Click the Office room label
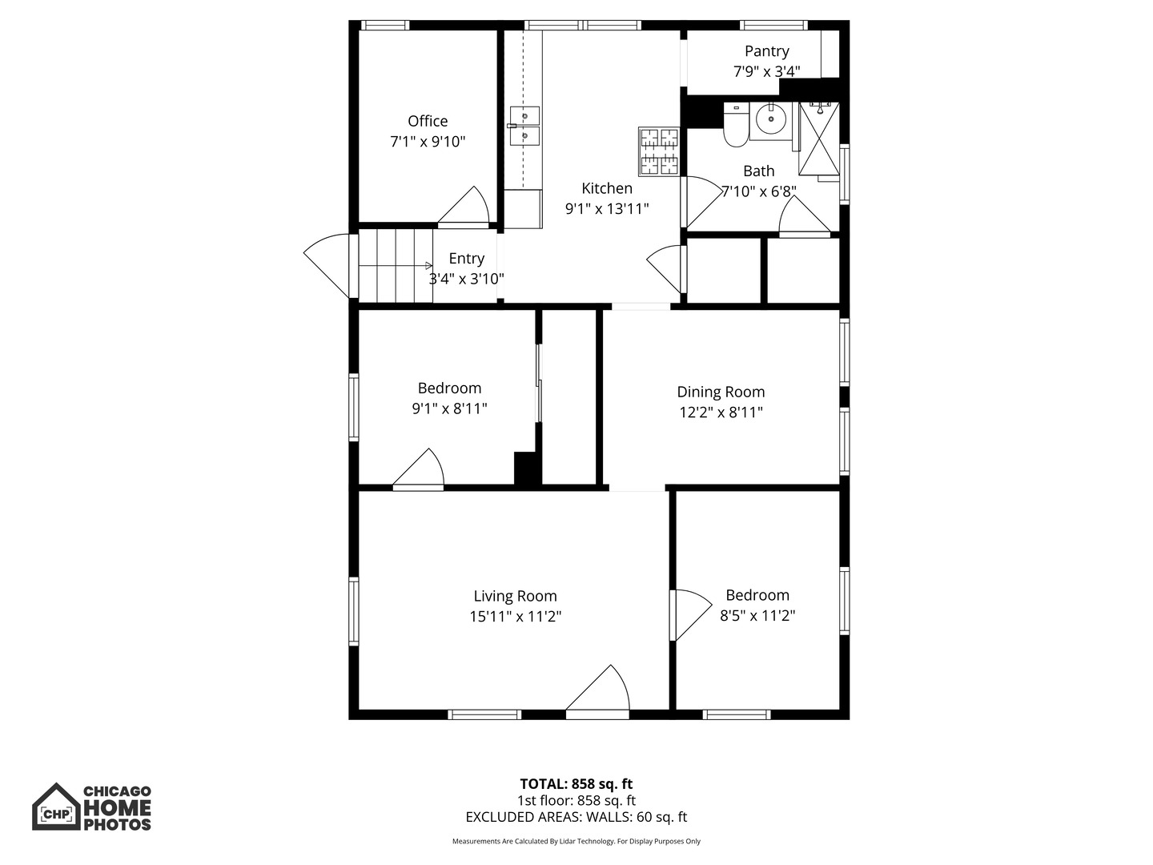[x=428, y=121]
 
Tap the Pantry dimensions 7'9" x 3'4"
[x=766, y=72]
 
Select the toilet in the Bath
[x=736, y=127]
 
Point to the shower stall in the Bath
[x=818, y=144]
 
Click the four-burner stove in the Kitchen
[x=658, y=151]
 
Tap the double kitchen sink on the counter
[x=524, y=127]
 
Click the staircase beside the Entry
[x=395, y=266]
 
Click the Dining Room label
[x=721, y=392]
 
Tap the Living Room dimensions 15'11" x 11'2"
[x=515, y=617]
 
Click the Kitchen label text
[x=606, y=188]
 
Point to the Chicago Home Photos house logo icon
[x=56, y=807]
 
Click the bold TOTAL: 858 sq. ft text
[x=576, y=784]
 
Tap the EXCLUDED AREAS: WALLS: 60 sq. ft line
[x=576, y=818]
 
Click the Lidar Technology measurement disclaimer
[x=576, y=842]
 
